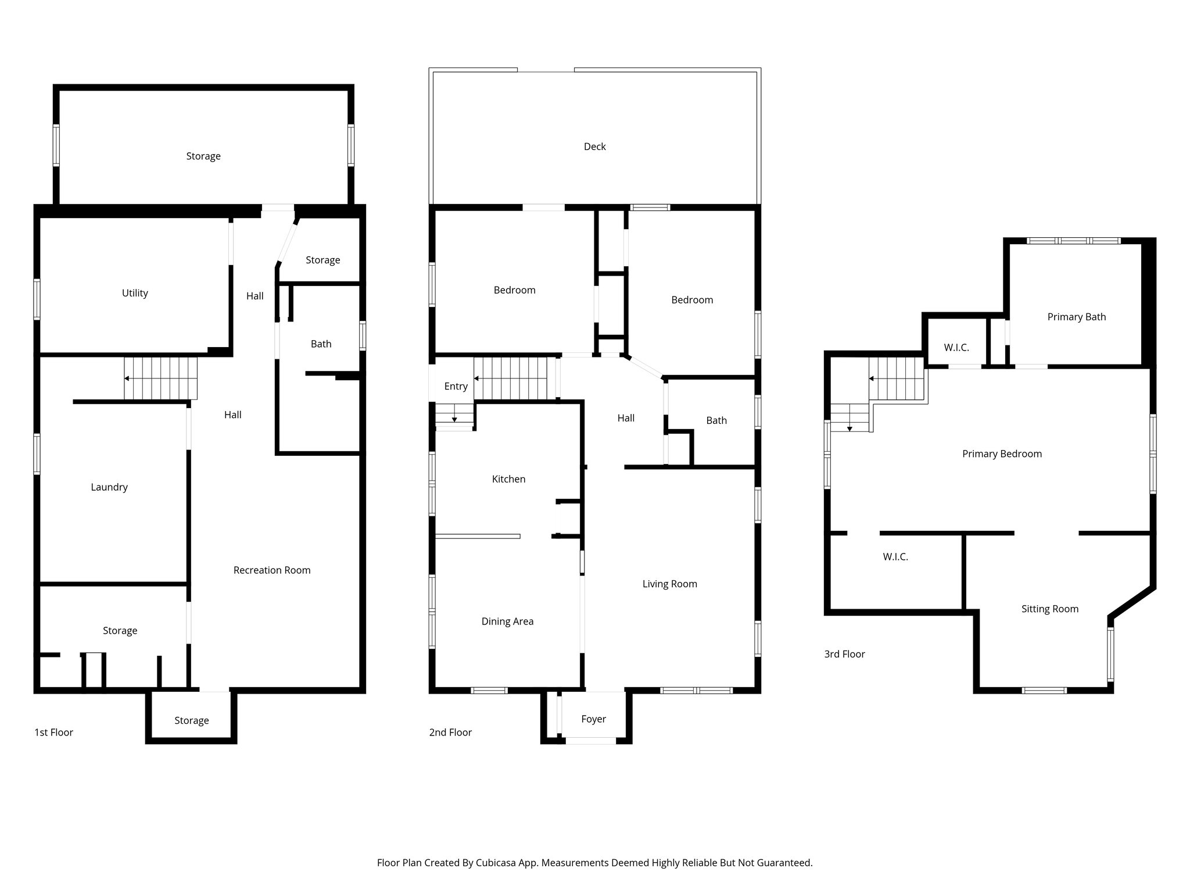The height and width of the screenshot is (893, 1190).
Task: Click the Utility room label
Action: (135, 293)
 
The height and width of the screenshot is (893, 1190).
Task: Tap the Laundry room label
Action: (109, 487)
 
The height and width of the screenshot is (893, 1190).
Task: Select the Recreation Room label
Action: (272, 570)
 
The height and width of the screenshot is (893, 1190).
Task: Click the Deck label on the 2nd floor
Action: (594, 147)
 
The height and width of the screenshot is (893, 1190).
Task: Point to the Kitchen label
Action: (508, 479)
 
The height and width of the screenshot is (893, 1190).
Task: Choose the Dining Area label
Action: (507, 621)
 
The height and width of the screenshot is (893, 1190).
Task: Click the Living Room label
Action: (669, 584)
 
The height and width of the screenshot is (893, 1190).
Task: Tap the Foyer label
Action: (593, 719)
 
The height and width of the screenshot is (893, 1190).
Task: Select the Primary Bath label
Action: (1076, 317)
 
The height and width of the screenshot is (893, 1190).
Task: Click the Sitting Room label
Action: (1049, 609)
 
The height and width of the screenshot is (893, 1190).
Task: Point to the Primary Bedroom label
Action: (1002, 454)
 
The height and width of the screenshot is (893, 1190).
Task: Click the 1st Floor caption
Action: (53, 733)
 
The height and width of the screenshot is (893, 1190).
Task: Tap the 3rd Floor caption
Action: (844, 654)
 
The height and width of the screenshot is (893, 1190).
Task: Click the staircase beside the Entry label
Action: (511, 378)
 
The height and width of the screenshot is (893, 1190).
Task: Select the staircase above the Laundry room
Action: (161, 378)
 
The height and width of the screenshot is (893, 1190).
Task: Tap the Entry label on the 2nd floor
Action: (456, 386)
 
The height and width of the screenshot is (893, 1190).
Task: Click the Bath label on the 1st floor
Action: (321, 344)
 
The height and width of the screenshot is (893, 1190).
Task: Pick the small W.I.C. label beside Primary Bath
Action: (956, 348)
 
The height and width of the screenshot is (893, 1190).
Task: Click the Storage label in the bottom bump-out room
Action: (191, 721)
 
